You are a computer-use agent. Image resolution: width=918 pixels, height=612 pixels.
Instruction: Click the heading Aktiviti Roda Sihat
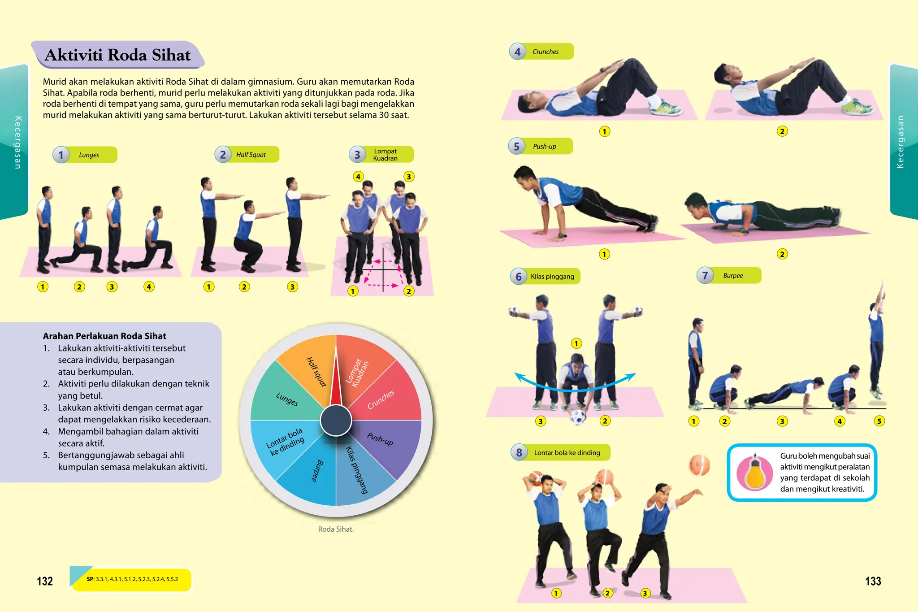pyautogui.click(x=117, y=55)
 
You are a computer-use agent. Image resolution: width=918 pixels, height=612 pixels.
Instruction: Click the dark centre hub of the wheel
pyautogui.click(x=336, y=421)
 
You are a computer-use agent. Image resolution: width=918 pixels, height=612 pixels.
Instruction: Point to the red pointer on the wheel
pyautogui.click(x=336, y=381)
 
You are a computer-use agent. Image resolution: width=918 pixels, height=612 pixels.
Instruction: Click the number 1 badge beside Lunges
pyautogui.click(x=61, y=155)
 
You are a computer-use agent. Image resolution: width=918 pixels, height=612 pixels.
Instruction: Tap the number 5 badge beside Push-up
pyautogui.click(x=516, y=147)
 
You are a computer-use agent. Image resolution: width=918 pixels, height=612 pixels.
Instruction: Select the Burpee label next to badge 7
pyautogui.click(x=733, y=276)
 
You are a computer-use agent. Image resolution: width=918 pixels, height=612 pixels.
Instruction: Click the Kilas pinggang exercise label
pyautogui.click(x=552, y=277)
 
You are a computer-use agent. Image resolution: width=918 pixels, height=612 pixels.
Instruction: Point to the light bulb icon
pyautogui.click(x=755, y=473)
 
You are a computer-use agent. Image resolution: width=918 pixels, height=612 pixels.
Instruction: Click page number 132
pyautogui.click(x=45, y=582)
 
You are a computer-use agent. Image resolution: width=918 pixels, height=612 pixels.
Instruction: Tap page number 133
pyautogui.click(x=873, y=582)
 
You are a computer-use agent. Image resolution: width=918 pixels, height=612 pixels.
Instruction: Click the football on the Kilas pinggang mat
pyautogui.click(x=578, y=417)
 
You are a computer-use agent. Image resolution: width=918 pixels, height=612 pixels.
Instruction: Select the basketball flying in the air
pyautogui.click(x=699, y=465)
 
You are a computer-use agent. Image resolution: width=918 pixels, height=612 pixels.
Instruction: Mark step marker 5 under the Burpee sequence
pyautogui.click(x=879, y=421)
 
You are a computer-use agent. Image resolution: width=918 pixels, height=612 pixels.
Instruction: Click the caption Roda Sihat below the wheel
pyautogui.click(x=336, y=529)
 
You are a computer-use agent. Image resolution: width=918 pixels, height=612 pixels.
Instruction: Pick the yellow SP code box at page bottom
pyautogui.click(x=132, y=579)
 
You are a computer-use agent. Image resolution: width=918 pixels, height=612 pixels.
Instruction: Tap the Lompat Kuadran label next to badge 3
pyautogui.click(x=385, y=155)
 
